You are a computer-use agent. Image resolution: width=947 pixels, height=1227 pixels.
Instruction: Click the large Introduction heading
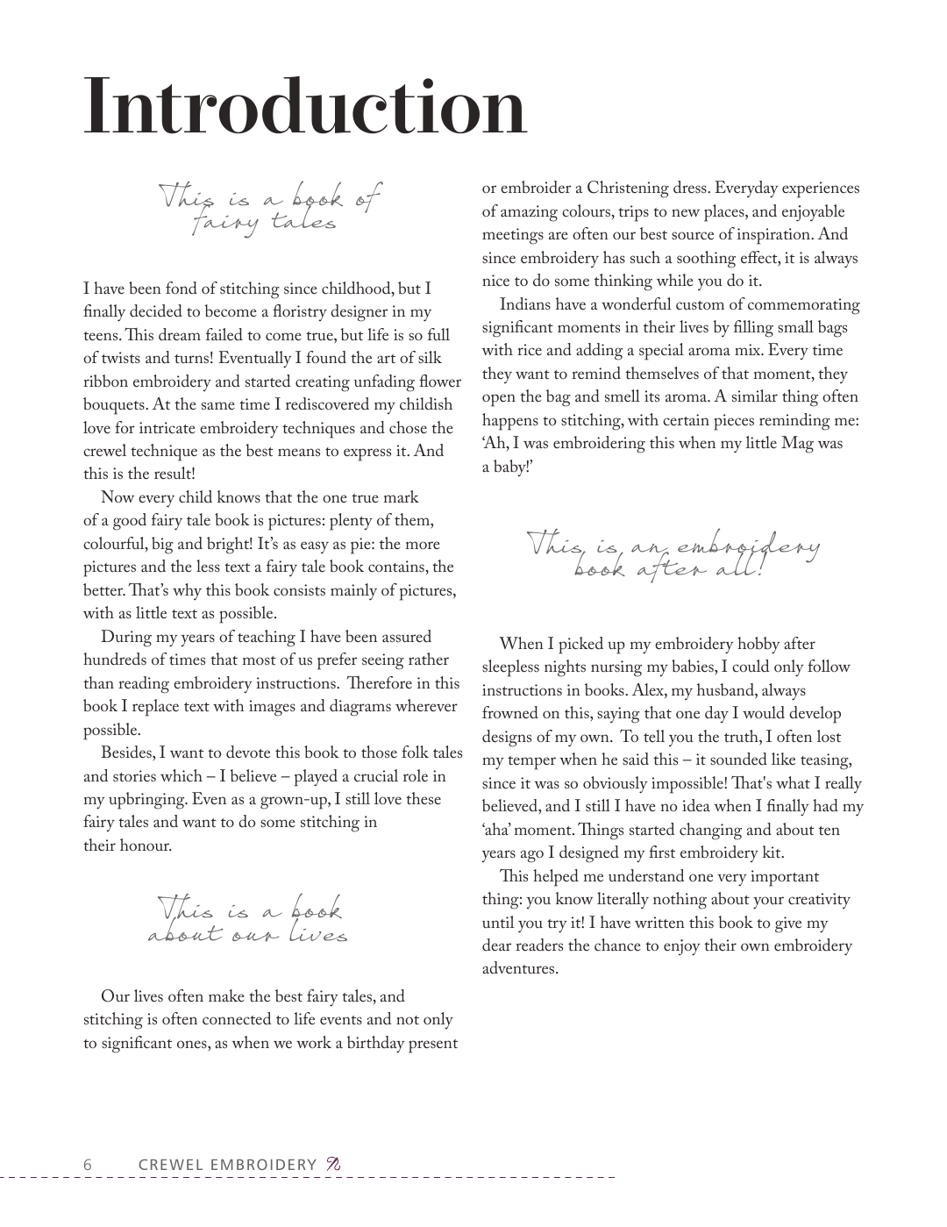[304, 107]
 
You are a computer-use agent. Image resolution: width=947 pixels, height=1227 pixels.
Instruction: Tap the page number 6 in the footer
[88, 1164]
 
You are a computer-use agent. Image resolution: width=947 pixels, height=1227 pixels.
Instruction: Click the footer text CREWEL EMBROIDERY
[227, 1164]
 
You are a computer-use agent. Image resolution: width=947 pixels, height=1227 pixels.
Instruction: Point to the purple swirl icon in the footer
[332, 1164]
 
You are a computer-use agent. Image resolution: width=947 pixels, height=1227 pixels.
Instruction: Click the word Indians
[527, 304]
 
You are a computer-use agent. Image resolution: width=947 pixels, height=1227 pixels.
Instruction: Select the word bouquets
[116, 405]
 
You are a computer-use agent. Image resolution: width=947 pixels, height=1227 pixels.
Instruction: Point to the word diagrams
[358, 706]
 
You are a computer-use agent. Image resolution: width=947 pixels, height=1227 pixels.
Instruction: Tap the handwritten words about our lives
[248, 935]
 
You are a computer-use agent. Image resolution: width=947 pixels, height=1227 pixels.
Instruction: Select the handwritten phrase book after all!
[674, 569]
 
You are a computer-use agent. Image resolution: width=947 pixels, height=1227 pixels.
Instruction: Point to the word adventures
[520, 969]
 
